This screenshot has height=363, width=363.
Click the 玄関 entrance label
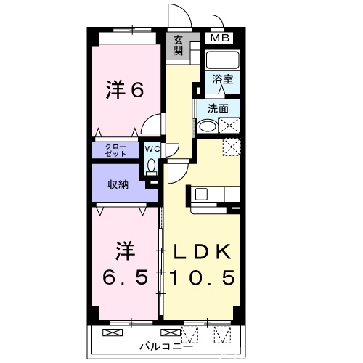179,46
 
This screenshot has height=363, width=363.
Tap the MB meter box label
219,38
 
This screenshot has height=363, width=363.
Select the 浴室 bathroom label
224,78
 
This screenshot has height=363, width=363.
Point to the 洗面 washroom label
218,109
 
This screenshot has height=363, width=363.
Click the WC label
151,149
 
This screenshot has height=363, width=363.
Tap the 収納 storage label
118,184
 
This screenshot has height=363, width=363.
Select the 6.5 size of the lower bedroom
125,277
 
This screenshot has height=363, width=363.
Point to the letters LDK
202,252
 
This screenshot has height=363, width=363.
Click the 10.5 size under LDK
202,277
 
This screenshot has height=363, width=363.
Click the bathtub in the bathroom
223,60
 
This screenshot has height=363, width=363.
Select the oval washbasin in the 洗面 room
208,126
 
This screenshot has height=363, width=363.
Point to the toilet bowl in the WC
151,165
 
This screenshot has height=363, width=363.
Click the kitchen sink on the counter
201,194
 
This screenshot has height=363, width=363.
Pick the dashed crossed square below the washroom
232,147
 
